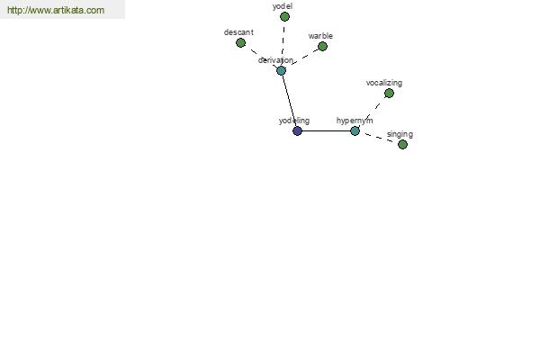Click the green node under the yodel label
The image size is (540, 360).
tap(284, 16)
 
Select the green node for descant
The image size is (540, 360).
tap(240, 42)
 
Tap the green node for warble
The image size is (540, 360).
tap(322, 46)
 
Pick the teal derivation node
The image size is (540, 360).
tap(281, 70)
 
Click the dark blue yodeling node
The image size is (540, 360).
tap(297, 130)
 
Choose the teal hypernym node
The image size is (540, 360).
tap(355, 130)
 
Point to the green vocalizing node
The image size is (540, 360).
tap(389, 93)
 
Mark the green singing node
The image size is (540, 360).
tap(402, 144)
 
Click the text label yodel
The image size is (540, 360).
tap(283, 6)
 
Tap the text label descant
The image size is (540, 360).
tap(238, 32)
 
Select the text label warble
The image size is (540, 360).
tap(320, 36)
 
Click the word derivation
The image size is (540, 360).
tap(276, 60)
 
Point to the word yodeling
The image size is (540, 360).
tap(294, 121)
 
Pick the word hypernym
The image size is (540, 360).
tap(355, 121)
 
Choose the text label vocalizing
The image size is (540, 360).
tap(384, 83)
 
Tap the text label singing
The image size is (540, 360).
tap(400, 134)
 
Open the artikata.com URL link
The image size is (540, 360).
tap(56, 10)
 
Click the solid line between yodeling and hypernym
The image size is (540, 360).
tap(326, 130)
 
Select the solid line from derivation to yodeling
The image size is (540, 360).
tap(289, 101)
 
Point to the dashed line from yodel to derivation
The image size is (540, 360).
tap(283, 43)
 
